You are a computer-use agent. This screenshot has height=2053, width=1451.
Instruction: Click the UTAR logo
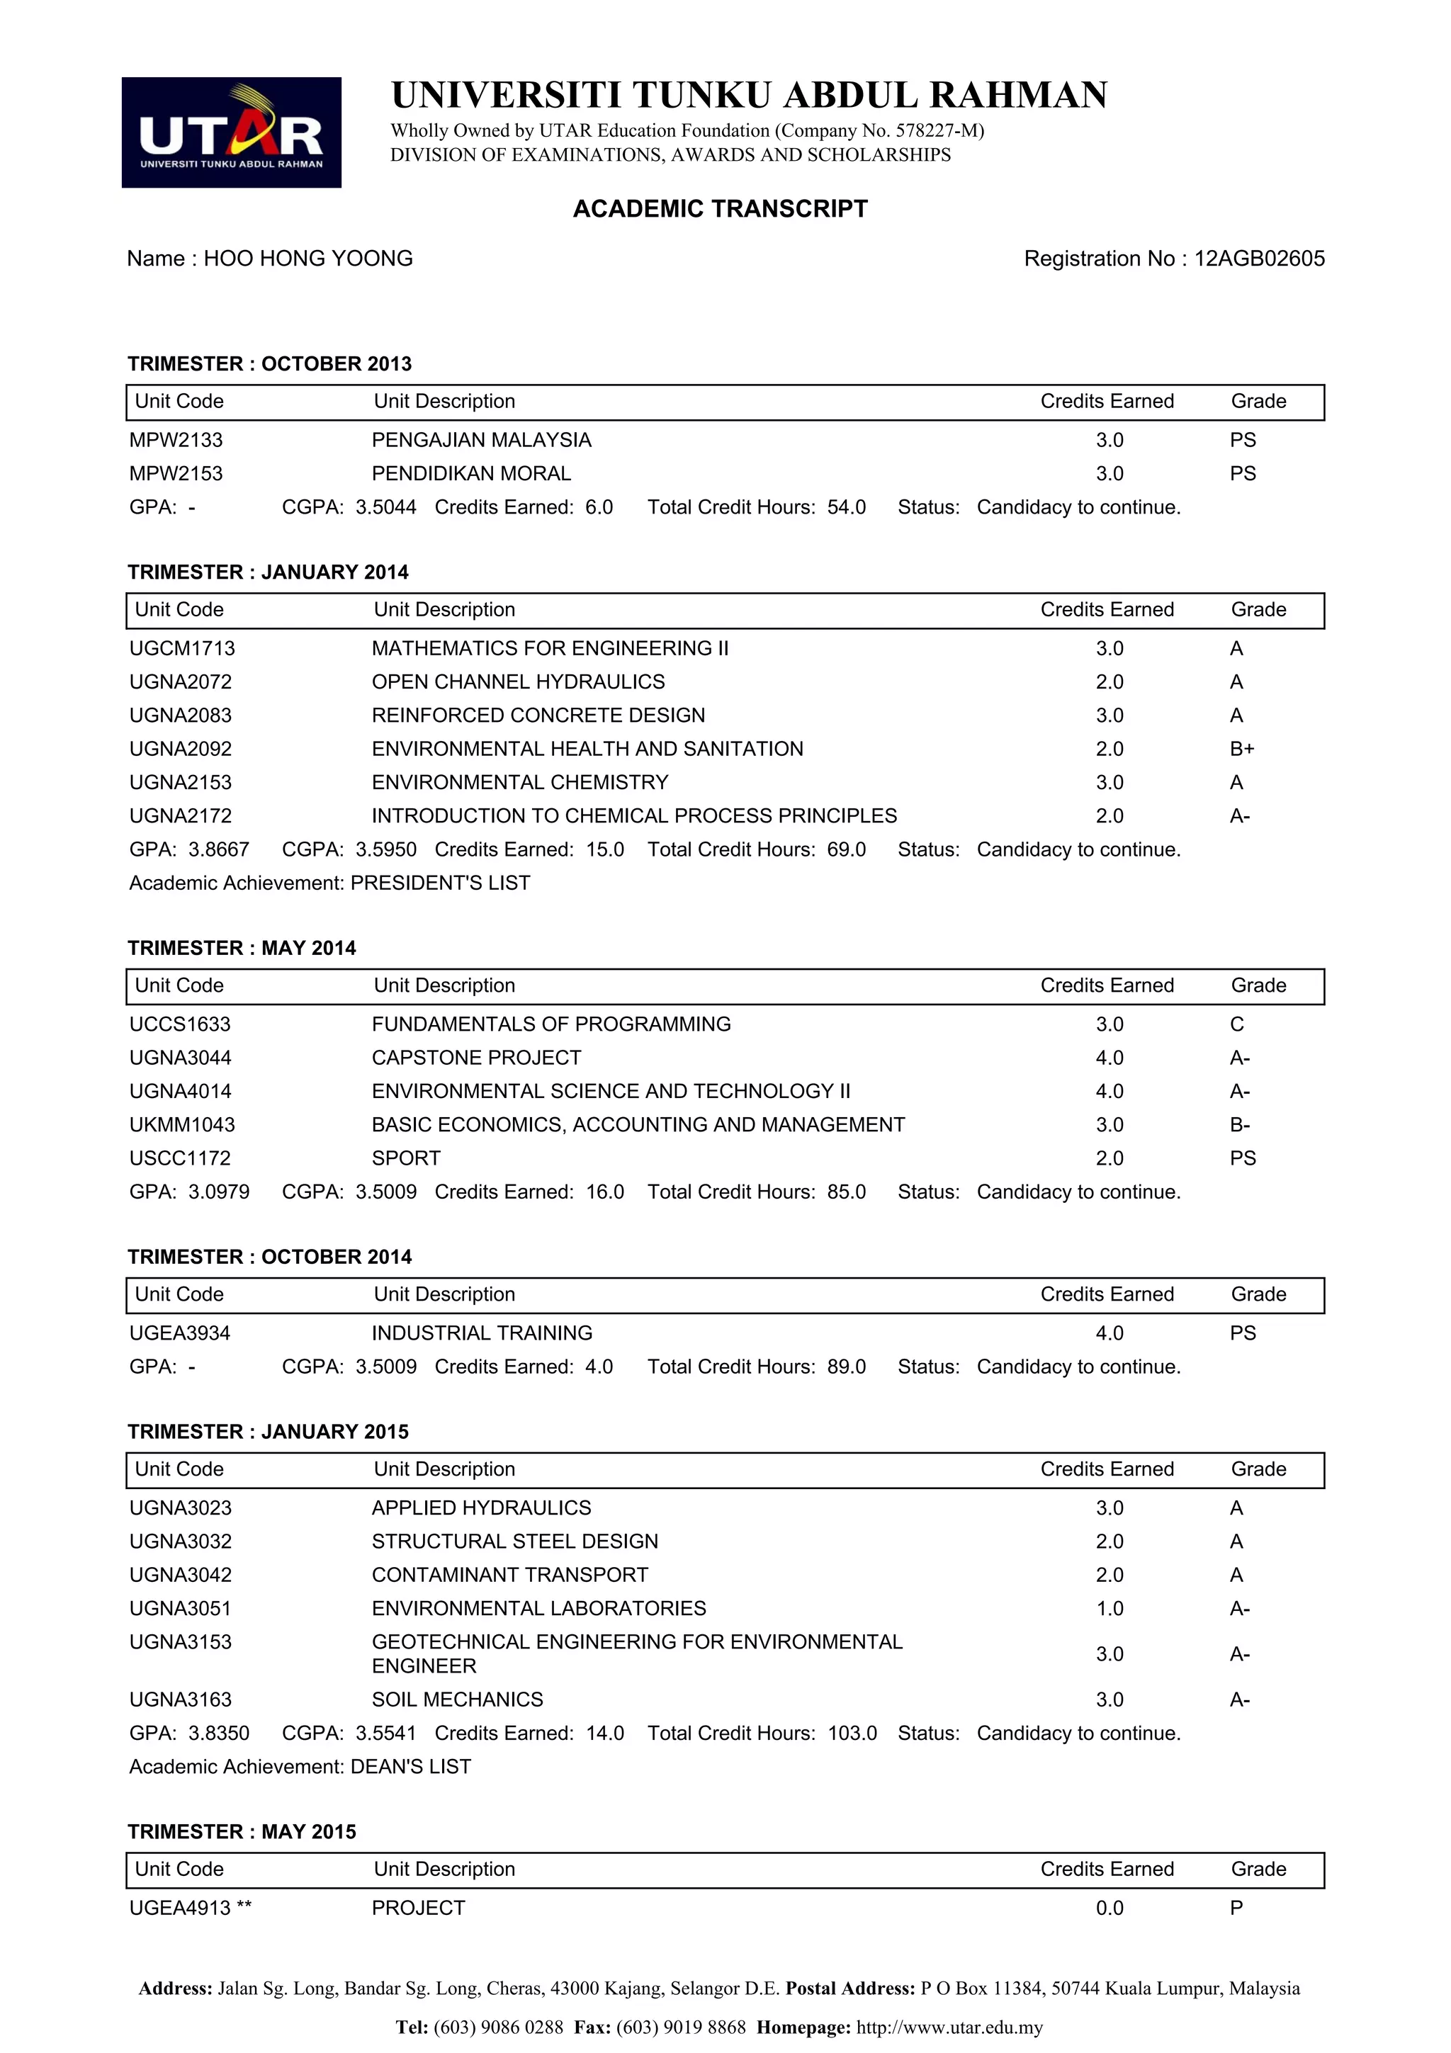(231, 132)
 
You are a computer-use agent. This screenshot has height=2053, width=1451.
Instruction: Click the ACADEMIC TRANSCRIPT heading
(720, 208)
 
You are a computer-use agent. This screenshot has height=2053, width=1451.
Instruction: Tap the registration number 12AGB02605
(1259, 259)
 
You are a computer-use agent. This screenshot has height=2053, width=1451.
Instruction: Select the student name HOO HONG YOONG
(307, 259)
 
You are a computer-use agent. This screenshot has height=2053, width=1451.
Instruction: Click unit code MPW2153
(176, 473)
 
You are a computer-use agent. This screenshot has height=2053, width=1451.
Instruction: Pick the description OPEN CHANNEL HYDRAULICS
(518, 681)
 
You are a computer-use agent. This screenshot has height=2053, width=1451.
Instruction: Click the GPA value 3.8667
(218, 849)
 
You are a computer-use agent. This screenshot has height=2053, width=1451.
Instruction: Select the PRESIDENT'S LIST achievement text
(440, 883)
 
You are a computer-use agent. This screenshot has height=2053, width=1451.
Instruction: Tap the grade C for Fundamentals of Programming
(1236, 1024)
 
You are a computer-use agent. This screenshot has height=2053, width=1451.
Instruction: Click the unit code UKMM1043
(181, 1124)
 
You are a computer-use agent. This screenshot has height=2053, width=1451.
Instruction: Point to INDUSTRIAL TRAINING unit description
(482, 1333)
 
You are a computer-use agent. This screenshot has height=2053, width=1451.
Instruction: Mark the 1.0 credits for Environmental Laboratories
(1110, 1609)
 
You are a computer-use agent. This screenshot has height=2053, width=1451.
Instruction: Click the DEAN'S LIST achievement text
(410, 1767)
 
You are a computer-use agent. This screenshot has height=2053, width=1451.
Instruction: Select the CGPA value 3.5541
(385, 1733)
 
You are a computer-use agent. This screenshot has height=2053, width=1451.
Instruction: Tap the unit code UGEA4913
(180, 1908)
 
